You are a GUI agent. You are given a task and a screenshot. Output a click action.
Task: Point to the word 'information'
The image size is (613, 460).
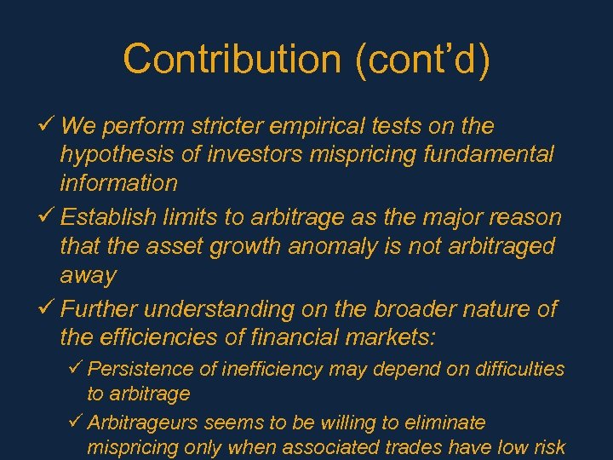coord(119,183)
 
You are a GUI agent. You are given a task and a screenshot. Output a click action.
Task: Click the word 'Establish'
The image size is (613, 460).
coord(109,218)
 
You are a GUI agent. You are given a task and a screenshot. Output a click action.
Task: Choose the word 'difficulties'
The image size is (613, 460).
coord(518,369)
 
